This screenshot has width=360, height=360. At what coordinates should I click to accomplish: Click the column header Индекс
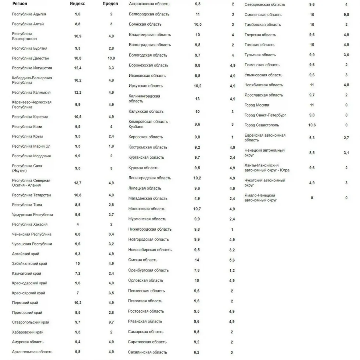pyautogui.click(x=78, y=4)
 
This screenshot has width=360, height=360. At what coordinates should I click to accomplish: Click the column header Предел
pyautogui.click(x=111, y=4)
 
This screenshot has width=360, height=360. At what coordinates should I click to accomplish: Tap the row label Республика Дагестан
pyautogui.click(x=30, y=58)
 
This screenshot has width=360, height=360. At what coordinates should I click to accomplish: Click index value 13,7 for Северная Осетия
pyautogui.click(x=78, y=183)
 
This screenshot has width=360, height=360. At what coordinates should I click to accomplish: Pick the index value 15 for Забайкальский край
pyautogui.click(x=78, y=264)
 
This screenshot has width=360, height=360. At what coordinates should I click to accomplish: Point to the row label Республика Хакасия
pyautogui.click(x=30, y=224)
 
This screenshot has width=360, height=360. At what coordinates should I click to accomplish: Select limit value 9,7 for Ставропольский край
pyautogui.click(x=111, y=323)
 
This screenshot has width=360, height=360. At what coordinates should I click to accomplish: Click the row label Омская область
pyautogui.click(x=143, y=260)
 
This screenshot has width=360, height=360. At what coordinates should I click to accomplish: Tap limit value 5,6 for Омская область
pyautogui.click(x=232, y=260)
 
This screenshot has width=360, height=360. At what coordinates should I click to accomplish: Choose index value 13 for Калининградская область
pyautogui.click(x=198, y=99)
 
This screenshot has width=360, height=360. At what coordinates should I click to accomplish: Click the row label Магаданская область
pyautogui.click(x=148, y=198)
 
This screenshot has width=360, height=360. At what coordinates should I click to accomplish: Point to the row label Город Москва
pyautogui.click(x=257, y=105)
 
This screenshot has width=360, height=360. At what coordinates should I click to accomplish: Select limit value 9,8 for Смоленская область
pyautogui.click(x=346, y=15)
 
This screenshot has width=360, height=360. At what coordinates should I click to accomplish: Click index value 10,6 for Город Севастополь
pyautogui.click(x=312, y=125)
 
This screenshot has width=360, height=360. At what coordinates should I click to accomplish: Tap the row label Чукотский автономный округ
pyautogui.click(x=265, y=183)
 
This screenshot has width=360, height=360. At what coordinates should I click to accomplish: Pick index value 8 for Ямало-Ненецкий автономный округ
pyautogui.click(x=312, y=198)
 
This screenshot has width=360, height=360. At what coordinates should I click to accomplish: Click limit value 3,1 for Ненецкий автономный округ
pyautogui.click(x=346, y=153)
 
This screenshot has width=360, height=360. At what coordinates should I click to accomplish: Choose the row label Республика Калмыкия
pyautogui.click(x=31, y=93)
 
